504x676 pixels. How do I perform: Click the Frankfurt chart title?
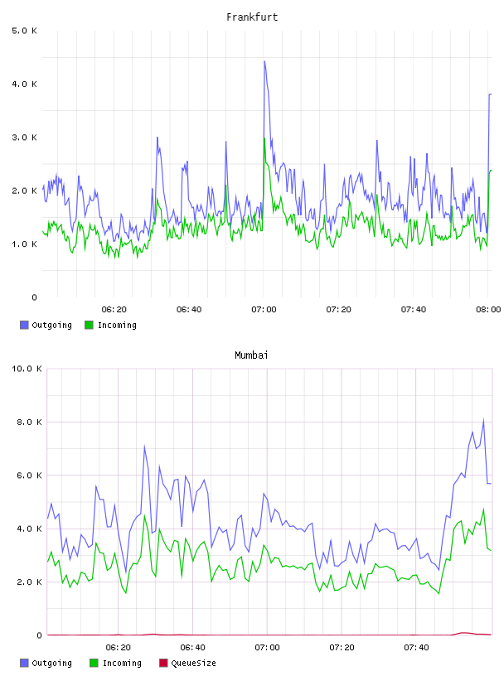(252, 17)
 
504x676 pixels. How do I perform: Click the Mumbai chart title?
(251, 355)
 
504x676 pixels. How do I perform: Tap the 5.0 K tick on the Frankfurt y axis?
(25, 31)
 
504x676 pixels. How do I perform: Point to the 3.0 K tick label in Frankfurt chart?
(25, 138)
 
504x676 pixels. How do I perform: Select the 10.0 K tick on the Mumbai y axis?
(27, 369)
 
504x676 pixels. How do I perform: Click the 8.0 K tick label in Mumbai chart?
(29, 422)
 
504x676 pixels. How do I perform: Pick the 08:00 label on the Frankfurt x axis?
(488, 310)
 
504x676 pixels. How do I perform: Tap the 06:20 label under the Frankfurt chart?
(114, 310)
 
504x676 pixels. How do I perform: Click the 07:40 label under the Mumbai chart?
(416, 648)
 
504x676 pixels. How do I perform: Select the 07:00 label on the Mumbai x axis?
(267, 648)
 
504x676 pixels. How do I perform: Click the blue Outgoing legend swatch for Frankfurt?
(24, 325)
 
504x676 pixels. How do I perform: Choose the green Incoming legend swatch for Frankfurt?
(89, 325)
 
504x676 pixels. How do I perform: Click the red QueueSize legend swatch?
(163, 663)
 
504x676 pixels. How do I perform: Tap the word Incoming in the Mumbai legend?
(122, 663)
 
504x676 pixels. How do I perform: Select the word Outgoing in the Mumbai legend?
(51, 663)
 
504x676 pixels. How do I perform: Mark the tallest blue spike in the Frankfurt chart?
(264, 61)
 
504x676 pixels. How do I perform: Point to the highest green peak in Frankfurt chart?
(264, 138)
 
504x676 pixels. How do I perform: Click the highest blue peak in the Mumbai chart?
(484, 419)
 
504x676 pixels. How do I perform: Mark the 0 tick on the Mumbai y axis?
(39, 635)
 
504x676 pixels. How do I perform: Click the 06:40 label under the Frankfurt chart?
(189, 310)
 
